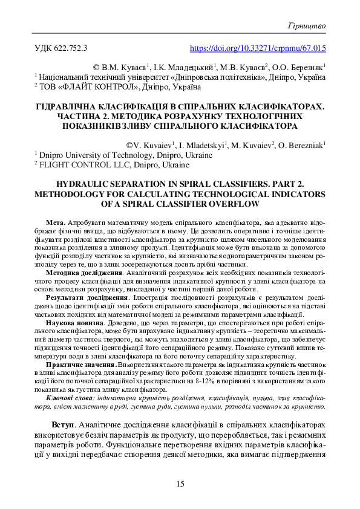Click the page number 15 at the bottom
(180, 483)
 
